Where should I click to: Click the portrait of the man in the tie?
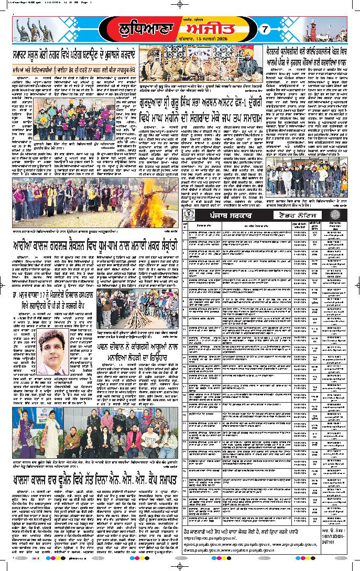51,350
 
